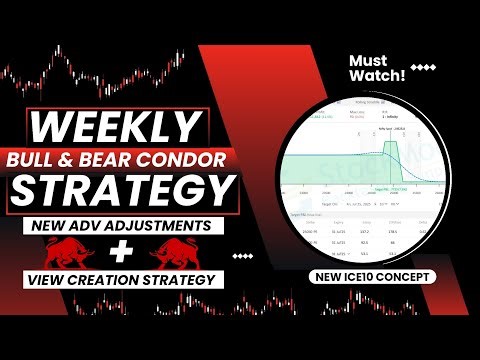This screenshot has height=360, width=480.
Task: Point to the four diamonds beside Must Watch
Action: pos(424,69)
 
